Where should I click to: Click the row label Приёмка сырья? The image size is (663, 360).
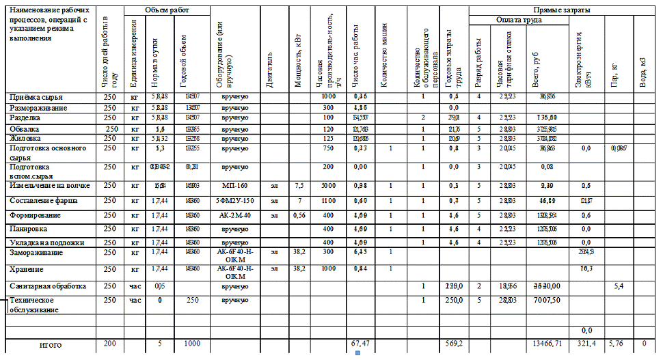pyautogui.click(x=33, y=97)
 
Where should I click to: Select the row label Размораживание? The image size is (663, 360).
pyautogui.click(x=38, y=108)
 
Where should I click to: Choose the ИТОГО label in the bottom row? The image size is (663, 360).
pyautogui.click(x=51, y=345)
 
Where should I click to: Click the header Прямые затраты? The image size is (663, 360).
pyautogui.click(x=562, y=10)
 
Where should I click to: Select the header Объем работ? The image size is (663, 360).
pyautogui.click(x=167, y=10)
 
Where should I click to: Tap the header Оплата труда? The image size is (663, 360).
pyautogui.click(x=519, y=20)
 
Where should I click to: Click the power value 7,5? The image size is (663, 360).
pyautogui.click(x=298, y=185)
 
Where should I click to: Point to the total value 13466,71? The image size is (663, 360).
pyautogui.click(x=547, y=344)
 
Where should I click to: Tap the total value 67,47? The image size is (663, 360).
pyautogui.click(x=360, y=344)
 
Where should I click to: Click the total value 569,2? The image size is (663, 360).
pyautogui.click(x=454, y=344)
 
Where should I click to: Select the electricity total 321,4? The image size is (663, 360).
pyautogui.click(x=586, y=344)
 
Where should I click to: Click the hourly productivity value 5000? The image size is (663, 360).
pyautogui.click(x=329, y=185)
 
